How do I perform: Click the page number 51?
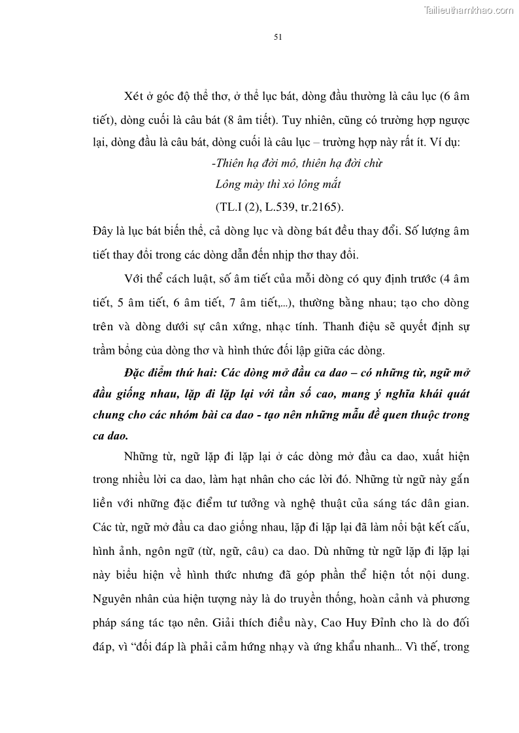(x=277, y=37)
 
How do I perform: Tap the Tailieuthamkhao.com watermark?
(x=469, y=10)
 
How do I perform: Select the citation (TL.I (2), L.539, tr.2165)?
(x=278, y=207)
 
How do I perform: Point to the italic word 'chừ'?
(x=374, y=163)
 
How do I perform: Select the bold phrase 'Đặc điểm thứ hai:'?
(x=167, y=373)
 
